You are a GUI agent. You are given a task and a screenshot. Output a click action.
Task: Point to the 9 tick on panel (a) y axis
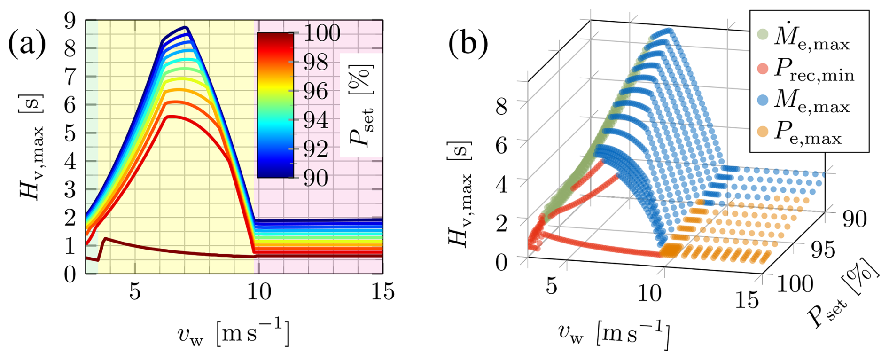point(70,20)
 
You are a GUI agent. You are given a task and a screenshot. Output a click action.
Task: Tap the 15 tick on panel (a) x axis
point(382,292)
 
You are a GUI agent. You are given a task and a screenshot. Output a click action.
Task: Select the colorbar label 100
point(322,33)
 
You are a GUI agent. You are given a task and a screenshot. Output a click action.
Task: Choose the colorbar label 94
point(316,120)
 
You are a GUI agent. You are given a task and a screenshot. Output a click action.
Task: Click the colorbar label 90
point(316,178)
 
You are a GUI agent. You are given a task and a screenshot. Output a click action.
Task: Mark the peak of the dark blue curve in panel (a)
point(186,27)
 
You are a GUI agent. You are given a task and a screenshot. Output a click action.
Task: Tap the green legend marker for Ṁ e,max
point(763,34)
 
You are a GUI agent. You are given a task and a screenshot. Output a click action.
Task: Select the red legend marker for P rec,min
point(763,69)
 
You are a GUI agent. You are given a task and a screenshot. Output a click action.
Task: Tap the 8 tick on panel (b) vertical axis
point(501,106)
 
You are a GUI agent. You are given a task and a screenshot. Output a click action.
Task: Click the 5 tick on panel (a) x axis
point(135,292)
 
